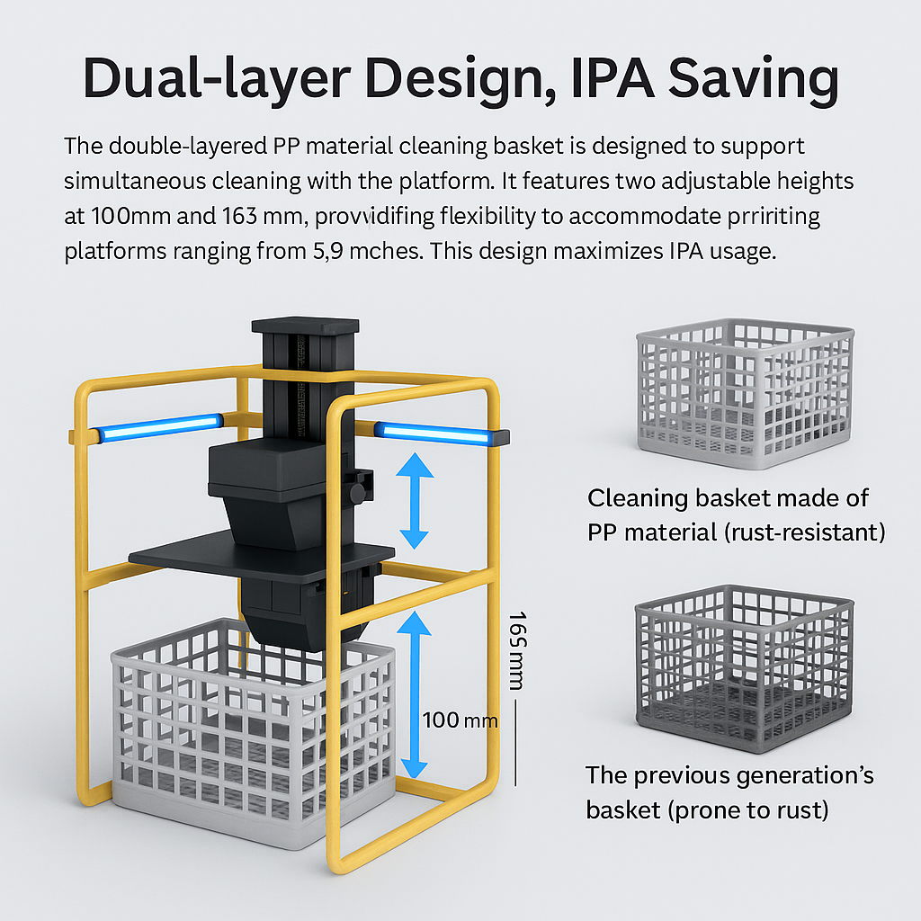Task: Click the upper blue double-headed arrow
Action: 414,500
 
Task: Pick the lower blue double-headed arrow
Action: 414,693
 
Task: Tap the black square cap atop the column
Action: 306,327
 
